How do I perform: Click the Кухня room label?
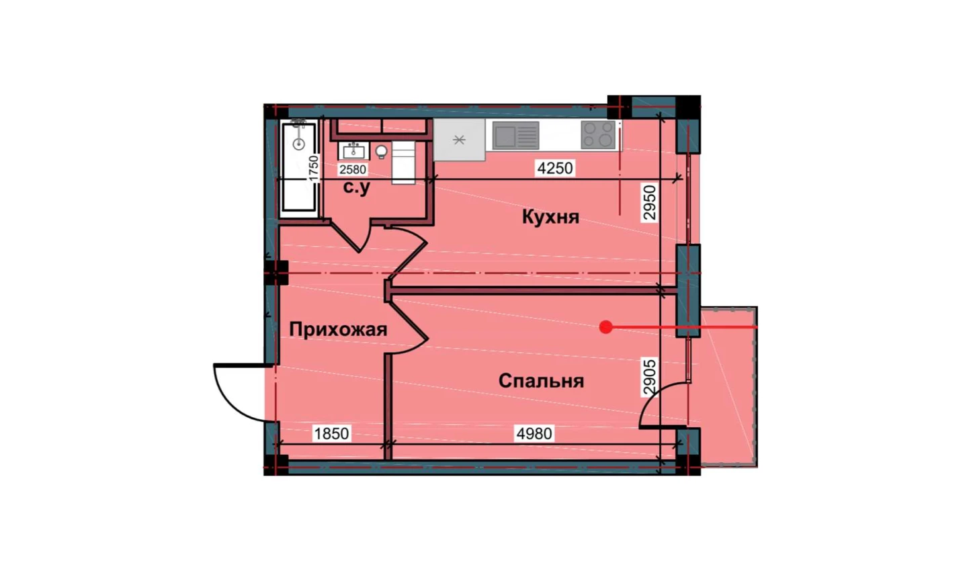pos(550,217)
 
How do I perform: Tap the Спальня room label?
pos(542,382)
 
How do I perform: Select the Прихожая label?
pos(338,330)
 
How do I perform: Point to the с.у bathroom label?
pos(357,187)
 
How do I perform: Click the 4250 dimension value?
pos(555,168)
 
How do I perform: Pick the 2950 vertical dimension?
pos(650,202)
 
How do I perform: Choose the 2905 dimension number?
pos(650,376)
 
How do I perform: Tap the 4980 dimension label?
pos(534,433)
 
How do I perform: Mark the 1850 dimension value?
pos(331,433)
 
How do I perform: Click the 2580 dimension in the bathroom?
pos(353,169)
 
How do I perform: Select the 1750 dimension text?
pos(313,169)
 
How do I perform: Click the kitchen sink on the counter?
pos(516,135)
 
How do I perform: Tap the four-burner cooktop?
pos(598,134)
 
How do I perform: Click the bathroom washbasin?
pos(353,151)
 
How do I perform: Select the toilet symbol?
pos(382,152)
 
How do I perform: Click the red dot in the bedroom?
pos(606,327)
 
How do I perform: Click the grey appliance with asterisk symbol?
pos(460,140)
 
